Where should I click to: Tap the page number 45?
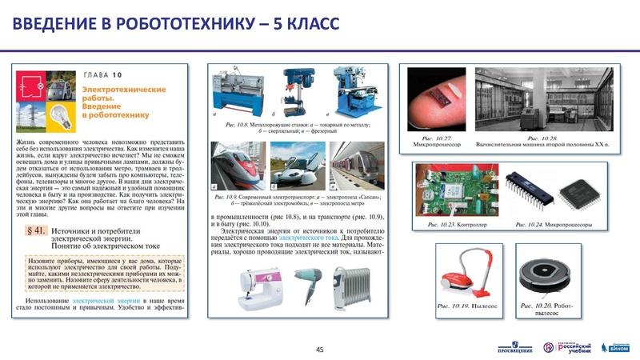pos(320,350)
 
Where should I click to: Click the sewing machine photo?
pos(239,283)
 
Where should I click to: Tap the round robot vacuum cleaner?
pos(546,275)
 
